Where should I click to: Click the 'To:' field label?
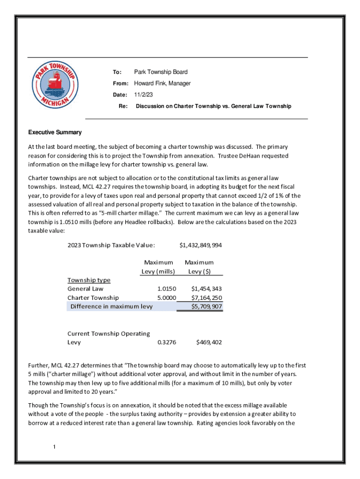[x=117, y=72]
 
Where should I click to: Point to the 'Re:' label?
[x=123, y=106]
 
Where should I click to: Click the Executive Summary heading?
[x=55, y=132]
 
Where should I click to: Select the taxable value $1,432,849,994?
[x=201, y=245]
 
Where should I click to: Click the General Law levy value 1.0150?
[x=167, y=289]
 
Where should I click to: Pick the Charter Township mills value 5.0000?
[x=167, y=298]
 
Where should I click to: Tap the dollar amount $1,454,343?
[x=206, y=289]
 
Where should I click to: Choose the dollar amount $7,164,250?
[x=206, y=298]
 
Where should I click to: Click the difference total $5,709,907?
[x=206, y=306]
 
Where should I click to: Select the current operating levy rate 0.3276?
[x=167, y=342]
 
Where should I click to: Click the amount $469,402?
[x=209, y=342]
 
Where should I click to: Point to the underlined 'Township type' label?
[x=89, y=280]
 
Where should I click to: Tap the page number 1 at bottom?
[x=55, y=447]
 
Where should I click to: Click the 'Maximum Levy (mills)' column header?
[x=158, y=267]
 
